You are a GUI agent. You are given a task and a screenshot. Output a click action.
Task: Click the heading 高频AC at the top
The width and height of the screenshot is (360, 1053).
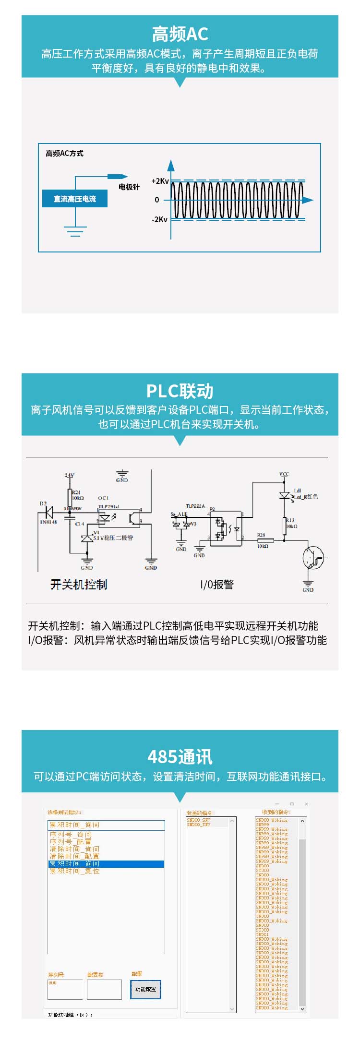pos(180,34)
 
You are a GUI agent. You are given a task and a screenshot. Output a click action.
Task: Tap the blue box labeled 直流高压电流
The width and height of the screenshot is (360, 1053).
pos(74,199)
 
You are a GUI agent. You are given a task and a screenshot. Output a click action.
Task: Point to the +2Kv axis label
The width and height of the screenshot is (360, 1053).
pos(160,181)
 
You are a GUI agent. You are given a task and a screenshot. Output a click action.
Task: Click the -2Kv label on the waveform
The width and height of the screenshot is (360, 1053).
pos(159,219)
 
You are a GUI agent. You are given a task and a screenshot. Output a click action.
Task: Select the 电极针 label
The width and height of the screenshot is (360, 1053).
pos(129,187)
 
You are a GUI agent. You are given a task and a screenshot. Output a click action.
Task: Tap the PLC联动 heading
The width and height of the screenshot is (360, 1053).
pos(180,391)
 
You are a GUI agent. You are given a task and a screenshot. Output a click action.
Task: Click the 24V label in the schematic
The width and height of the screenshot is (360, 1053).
pos(70,475)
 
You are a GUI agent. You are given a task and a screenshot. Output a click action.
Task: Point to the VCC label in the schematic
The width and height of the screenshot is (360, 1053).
pos(284,474)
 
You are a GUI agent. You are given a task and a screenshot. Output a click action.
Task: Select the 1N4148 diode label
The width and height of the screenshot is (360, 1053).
pos(48,522)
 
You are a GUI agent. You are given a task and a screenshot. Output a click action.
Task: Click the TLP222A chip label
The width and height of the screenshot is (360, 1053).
pos(195,506)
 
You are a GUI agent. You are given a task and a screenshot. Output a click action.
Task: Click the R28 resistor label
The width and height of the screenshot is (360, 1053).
pos(261,535)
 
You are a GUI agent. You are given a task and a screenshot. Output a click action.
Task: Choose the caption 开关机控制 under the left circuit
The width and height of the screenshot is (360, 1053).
pos(79,585)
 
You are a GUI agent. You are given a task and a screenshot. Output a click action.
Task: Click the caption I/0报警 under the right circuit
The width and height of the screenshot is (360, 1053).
pos(217,585)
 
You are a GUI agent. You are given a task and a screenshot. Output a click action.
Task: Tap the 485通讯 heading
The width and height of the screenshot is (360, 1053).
pos(180,757)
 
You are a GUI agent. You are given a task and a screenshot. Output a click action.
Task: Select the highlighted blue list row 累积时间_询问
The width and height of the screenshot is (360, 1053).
pos(106,864)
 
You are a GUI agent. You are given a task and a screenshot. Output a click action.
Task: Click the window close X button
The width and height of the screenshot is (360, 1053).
pos(307,804)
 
